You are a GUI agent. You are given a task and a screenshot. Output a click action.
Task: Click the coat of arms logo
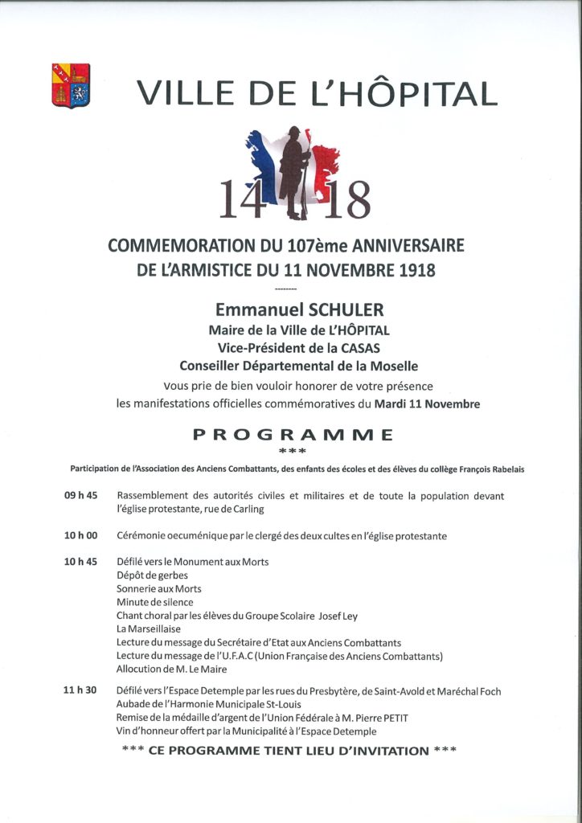point(71,86)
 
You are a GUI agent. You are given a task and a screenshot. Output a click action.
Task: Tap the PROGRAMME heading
point(293,435)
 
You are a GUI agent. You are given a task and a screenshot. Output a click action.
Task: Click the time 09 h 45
point(80,496)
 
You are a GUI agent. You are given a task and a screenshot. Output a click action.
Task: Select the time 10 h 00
point(80,535)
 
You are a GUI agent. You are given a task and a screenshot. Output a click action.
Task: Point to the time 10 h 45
point(80,562)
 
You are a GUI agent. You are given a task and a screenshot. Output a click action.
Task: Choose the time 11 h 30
point(80,691)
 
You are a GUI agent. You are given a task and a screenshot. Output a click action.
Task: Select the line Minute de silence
point(154,602)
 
